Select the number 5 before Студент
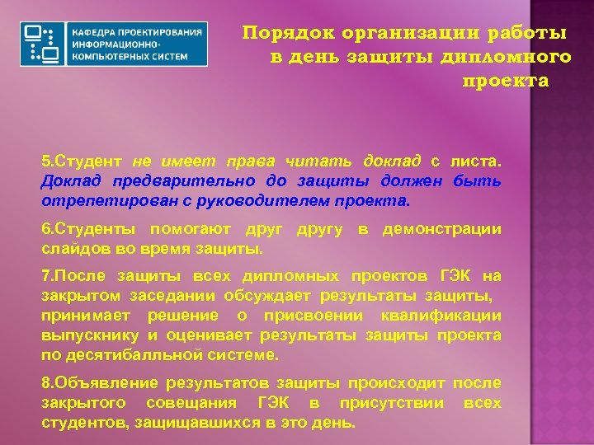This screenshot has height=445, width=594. click(45, 163)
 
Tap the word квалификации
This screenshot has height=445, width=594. click(441, 316)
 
